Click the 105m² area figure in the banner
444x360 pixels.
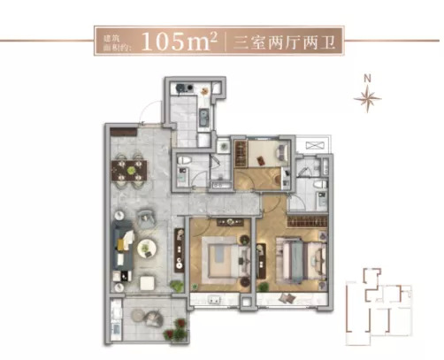coord(180,41)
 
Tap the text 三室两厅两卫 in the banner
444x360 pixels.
coord(285,42)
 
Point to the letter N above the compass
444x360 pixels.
coord(367,78)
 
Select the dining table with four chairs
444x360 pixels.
coord(129,171)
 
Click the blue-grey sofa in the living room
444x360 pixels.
coord(124,245)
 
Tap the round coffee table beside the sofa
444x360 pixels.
coord(148,249)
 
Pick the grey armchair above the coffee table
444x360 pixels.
coord(146,218)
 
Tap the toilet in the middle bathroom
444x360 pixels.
coord(185,160)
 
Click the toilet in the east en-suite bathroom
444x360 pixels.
coord(320,185)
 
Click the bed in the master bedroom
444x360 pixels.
coord(302,260)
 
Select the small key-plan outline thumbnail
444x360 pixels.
coord(379,307)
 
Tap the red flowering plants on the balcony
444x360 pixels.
coord(176,330)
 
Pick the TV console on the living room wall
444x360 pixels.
coord(179,250)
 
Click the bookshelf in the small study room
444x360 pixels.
coord(241,153)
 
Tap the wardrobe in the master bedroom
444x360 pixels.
coord(308,221)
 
